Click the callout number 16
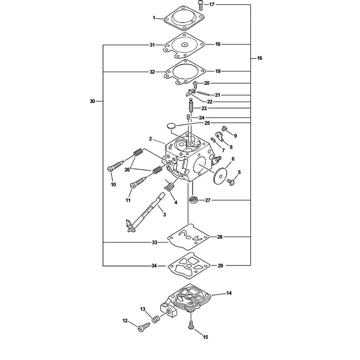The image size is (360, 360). point(260,58)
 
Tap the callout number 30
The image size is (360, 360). point(92,101)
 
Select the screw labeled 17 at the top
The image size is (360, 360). point(200,5)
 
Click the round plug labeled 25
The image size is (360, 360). point(171,126)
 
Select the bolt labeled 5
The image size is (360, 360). point(231,182)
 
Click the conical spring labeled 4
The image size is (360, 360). point(170,184)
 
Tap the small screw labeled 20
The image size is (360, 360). point(195,85)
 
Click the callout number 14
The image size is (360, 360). point(229,293)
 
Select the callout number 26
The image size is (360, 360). point(127,170)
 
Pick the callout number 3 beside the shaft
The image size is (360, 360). point(164,215)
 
